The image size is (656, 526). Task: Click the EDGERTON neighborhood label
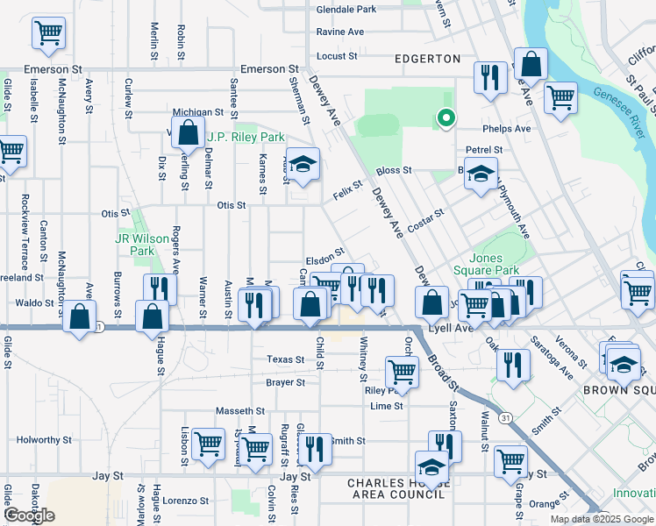[427, 59]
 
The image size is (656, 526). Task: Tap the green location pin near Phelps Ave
[446, 117]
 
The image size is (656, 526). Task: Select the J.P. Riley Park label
[246, 138]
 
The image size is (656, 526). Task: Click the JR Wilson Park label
[135, 245]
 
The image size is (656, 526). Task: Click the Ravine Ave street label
[339, 32]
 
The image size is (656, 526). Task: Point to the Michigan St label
[198, 112]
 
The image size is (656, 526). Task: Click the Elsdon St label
[324, 260]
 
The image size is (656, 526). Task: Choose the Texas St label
[285, 360]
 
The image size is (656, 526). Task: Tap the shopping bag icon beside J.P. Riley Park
[188, 133]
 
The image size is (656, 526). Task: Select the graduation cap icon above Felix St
[303, 164]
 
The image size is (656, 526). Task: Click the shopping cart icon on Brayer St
[402, 370]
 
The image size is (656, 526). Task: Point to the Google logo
[29, 515]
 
